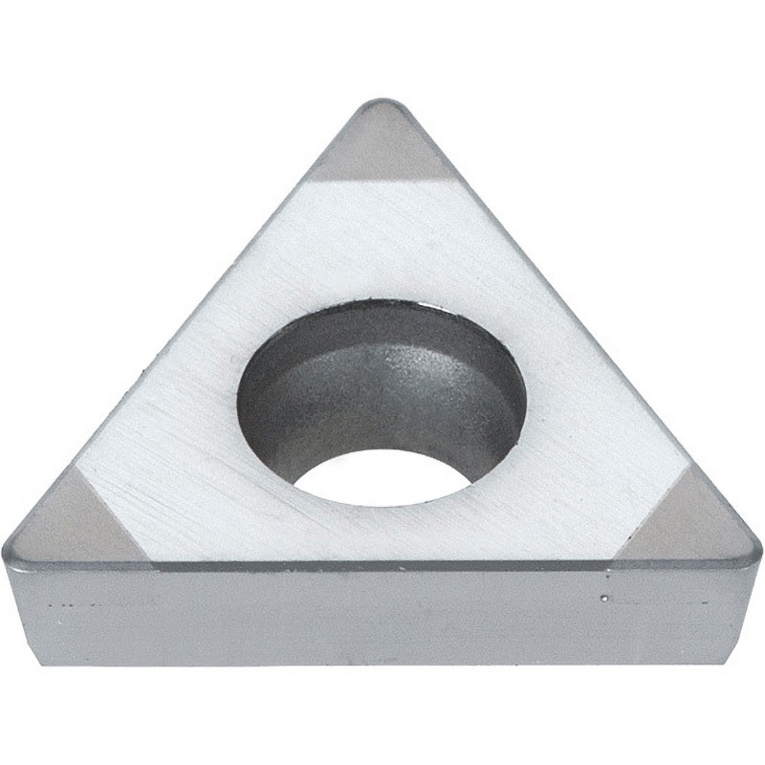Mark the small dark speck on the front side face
pos(603,600)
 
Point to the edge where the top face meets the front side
pos(382,566)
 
